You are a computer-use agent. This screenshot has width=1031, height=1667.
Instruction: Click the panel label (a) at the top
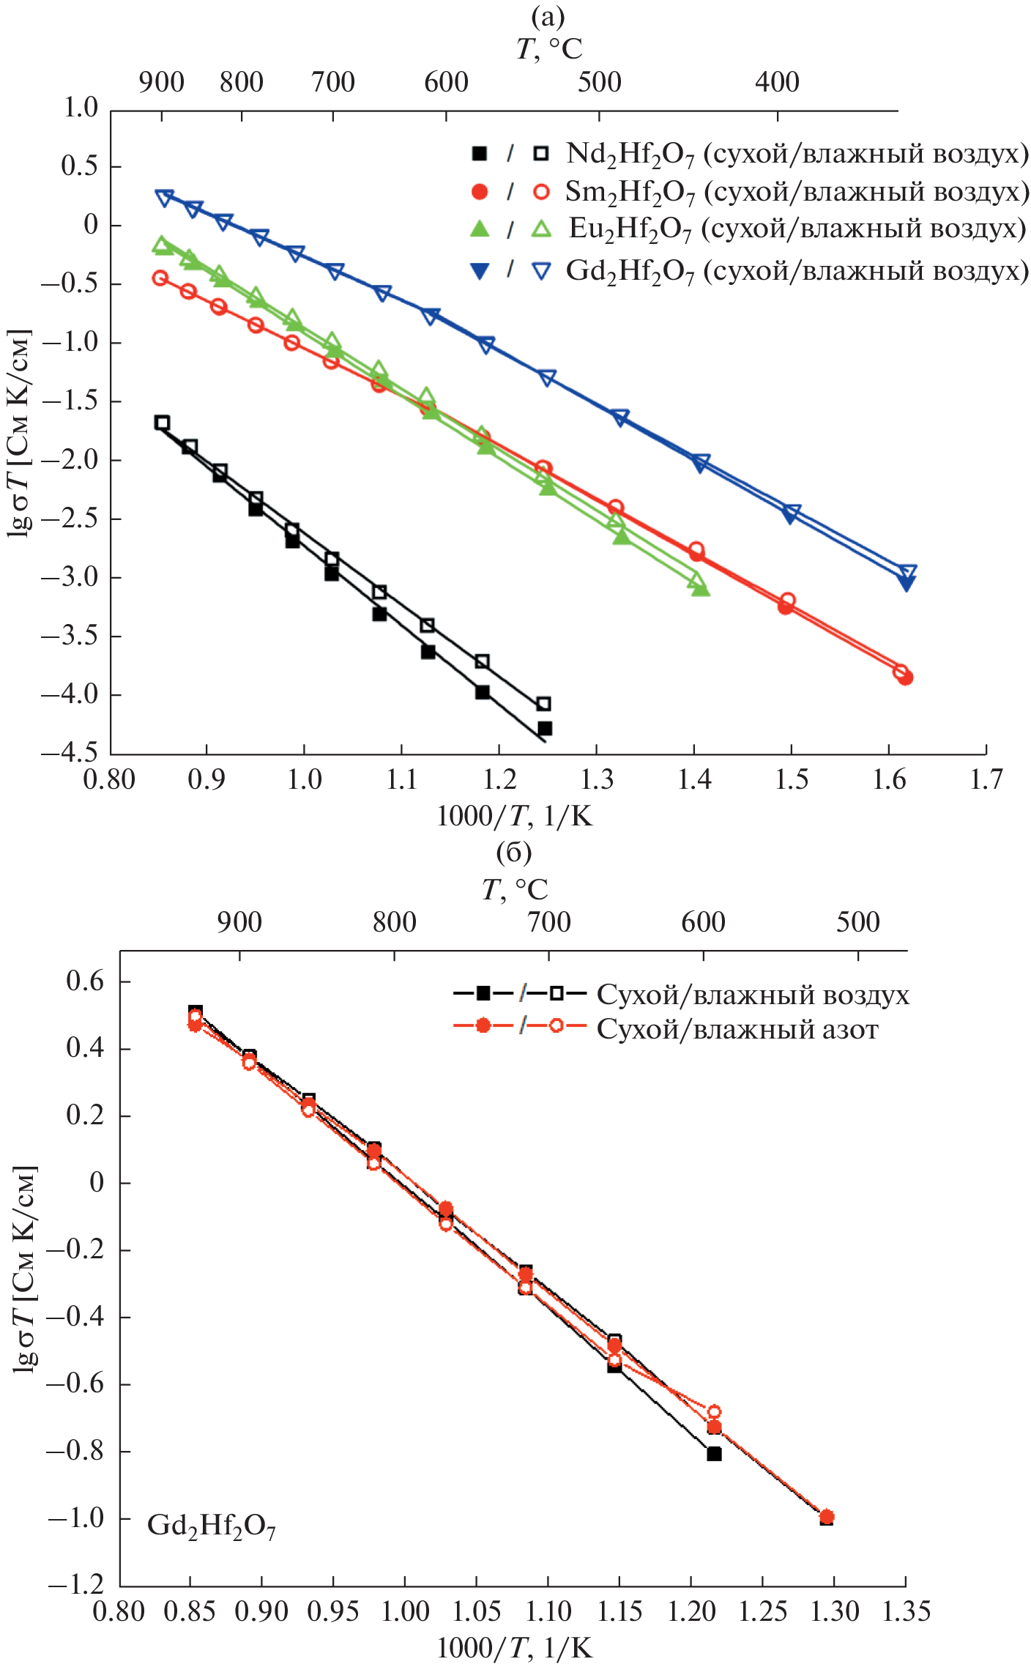pyautogui.click(x=548, y=16)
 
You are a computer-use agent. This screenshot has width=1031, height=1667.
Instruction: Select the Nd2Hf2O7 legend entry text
pyautogui.click(x=797, y=154)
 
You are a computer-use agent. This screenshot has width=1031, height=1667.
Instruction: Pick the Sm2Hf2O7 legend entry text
pyautogui.click(x=797, y=192)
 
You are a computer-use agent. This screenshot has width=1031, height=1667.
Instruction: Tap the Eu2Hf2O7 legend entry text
pyautogui.click(x=797, y=229)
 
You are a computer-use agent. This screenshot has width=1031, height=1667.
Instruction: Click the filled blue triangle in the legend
pyautogui.click(x=480, y=271)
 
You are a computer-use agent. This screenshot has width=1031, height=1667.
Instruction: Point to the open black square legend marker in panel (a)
pyautogui.click(x=541, y=154)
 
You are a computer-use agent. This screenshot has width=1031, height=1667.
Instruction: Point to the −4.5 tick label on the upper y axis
pyautogui.click(x=69, y=753)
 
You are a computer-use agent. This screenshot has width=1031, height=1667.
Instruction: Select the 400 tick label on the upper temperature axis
pyautogui.click(x=777, y=82)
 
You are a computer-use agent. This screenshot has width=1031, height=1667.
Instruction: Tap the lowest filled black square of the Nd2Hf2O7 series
pyautogui.click(x=544, y=729)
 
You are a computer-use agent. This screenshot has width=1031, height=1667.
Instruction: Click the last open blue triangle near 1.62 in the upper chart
pyautogui.click(x=908, y=572)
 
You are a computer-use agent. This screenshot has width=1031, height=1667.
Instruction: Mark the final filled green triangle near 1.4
pyautogui.click(x=701, y=587)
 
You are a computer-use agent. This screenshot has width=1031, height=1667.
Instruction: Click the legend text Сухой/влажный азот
pyautogui.click(x=737, y=1029)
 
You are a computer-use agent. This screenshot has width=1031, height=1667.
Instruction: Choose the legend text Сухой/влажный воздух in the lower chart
pyautogui.click(x=753, y=995)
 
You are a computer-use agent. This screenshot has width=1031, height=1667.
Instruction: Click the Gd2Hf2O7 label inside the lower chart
pyautogui.click(x=211, y=1526)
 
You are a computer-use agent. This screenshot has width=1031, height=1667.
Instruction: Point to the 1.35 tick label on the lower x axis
pyautogui.click(x=906, y=1611)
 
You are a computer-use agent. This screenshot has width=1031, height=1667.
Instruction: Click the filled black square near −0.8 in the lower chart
pyautogui.click(x=714, y=1454)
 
